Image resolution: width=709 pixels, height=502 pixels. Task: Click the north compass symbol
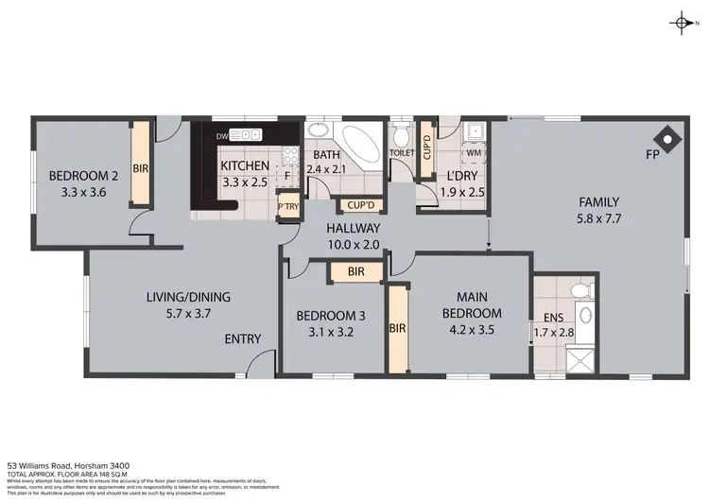coord(683,23)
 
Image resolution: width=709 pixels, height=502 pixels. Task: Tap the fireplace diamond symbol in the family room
coord(669,139)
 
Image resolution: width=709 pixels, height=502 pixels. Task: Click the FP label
coord(651,153)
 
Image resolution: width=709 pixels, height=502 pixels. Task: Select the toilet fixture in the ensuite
coord(585,289)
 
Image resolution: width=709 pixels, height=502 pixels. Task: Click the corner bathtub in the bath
coord(360,143)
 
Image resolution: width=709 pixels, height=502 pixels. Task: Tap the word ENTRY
coord(242,339)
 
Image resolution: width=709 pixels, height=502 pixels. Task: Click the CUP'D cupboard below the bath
coord(361,205)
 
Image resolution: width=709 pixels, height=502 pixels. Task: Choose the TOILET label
coord(402,152)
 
